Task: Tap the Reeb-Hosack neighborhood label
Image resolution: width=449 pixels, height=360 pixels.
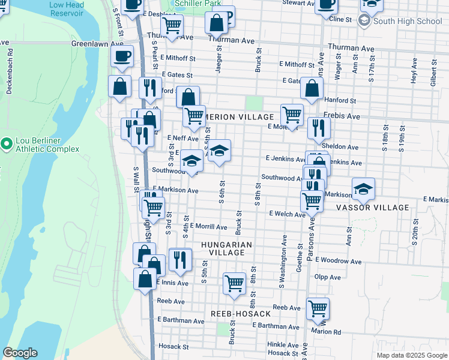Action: point(240,314)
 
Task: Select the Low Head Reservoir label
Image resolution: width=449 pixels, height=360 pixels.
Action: point(67,8)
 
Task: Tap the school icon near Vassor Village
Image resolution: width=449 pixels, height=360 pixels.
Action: point(363,189)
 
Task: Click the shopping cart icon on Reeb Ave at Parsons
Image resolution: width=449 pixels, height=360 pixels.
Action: point(318,308)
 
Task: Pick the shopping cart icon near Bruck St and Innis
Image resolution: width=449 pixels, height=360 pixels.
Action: point(234,283)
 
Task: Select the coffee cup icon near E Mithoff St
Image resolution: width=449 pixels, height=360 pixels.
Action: point(122,56)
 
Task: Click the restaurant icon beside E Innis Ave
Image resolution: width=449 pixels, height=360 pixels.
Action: point(179,259)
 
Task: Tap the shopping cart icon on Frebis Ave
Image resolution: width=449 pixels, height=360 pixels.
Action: point(292,114)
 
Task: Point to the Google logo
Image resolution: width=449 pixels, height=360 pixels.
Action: point(20,352)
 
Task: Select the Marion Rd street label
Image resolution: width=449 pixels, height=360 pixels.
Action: point(326,331)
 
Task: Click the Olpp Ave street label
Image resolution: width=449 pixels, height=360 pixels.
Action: point(327,277)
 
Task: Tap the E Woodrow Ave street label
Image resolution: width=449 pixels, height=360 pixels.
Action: point(338,262)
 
